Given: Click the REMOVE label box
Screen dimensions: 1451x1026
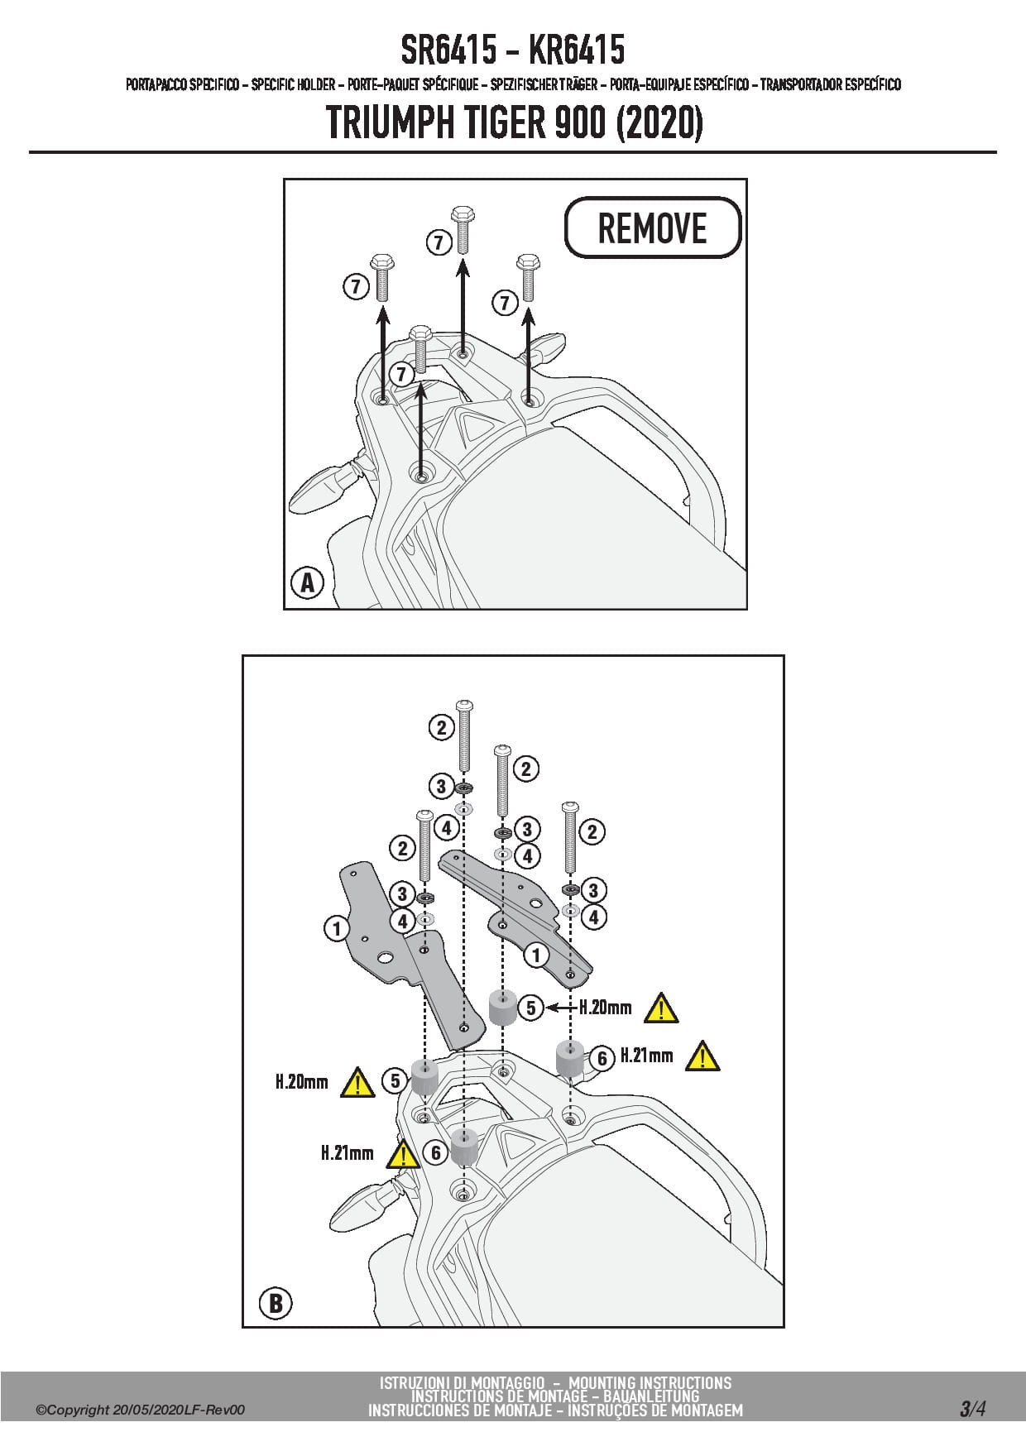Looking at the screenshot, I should coord(652,227).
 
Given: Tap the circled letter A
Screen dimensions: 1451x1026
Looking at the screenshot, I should coord(307,582).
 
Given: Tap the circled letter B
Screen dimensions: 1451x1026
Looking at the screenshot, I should coord(276,1304).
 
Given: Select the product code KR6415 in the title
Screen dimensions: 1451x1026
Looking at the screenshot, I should coord(576,50).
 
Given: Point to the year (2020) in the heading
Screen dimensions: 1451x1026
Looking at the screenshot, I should coord(659,122).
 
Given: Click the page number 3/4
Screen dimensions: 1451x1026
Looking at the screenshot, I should coord(972,1409).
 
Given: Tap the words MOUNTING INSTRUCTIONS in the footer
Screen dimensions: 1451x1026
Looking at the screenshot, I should coord(650,1382).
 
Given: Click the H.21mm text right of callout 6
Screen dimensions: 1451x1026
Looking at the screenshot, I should coord(646,1056).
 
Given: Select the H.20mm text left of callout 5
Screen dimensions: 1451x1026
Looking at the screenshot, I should coord(301,1081).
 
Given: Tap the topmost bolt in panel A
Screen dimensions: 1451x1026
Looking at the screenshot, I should coord(462,227).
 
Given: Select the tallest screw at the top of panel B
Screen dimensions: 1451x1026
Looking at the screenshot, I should coord(464,736).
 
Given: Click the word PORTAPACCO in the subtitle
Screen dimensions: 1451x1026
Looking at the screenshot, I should coord(156,84).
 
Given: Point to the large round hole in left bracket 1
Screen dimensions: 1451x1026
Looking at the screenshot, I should coord(385,958).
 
